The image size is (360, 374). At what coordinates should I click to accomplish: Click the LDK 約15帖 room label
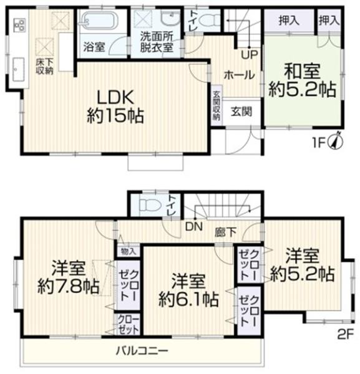pyautogui.click(x=115, y=107)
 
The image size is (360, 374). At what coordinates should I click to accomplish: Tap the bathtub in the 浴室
pyautogui.click(x=101, y=21)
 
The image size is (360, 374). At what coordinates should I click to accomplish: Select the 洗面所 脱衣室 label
pyautogui.click(x=157, y=42)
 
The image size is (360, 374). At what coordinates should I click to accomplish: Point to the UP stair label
pyautogui.click(x=250, y=55)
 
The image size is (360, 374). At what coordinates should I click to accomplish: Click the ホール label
pyautogui.click(x=239, y=75)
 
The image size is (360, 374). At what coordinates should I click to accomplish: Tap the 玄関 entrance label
pyautogui.click(x=241, y=112)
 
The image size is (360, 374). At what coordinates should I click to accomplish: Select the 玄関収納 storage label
pyautogui.click(x=216, y=106)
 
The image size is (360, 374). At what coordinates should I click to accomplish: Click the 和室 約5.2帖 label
pyautogui.click(x=303, y=81)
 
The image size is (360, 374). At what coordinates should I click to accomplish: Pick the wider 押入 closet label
pyautogui.click(x=289, y=21)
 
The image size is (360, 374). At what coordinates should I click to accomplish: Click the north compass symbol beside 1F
pyautogui.click(x=336, y=140)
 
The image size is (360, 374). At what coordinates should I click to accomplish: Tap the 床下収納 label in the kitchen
pyautogui.click(x=45, y=67)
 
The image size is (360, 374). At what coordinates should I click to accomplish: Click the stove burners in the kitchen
pyautogui.click(x=19, y=25)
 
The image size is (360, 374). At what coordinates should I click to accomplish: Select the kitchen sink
pyautogui.click(x=18, y=69)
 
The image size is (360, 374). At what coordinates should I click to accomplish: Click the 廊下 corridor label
pyautogui.click(x=225, y=233)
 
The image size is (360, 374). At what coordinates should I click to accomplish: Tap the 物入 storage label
pyautogui.click(x=129, y=251)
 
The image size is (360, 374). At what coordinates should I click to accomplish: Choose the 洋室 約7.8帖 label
pyautogui.click(x=69, y=277)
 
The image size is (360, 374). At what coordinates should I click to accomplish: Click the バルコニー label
pyautogui.click(x=142, y=351)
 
